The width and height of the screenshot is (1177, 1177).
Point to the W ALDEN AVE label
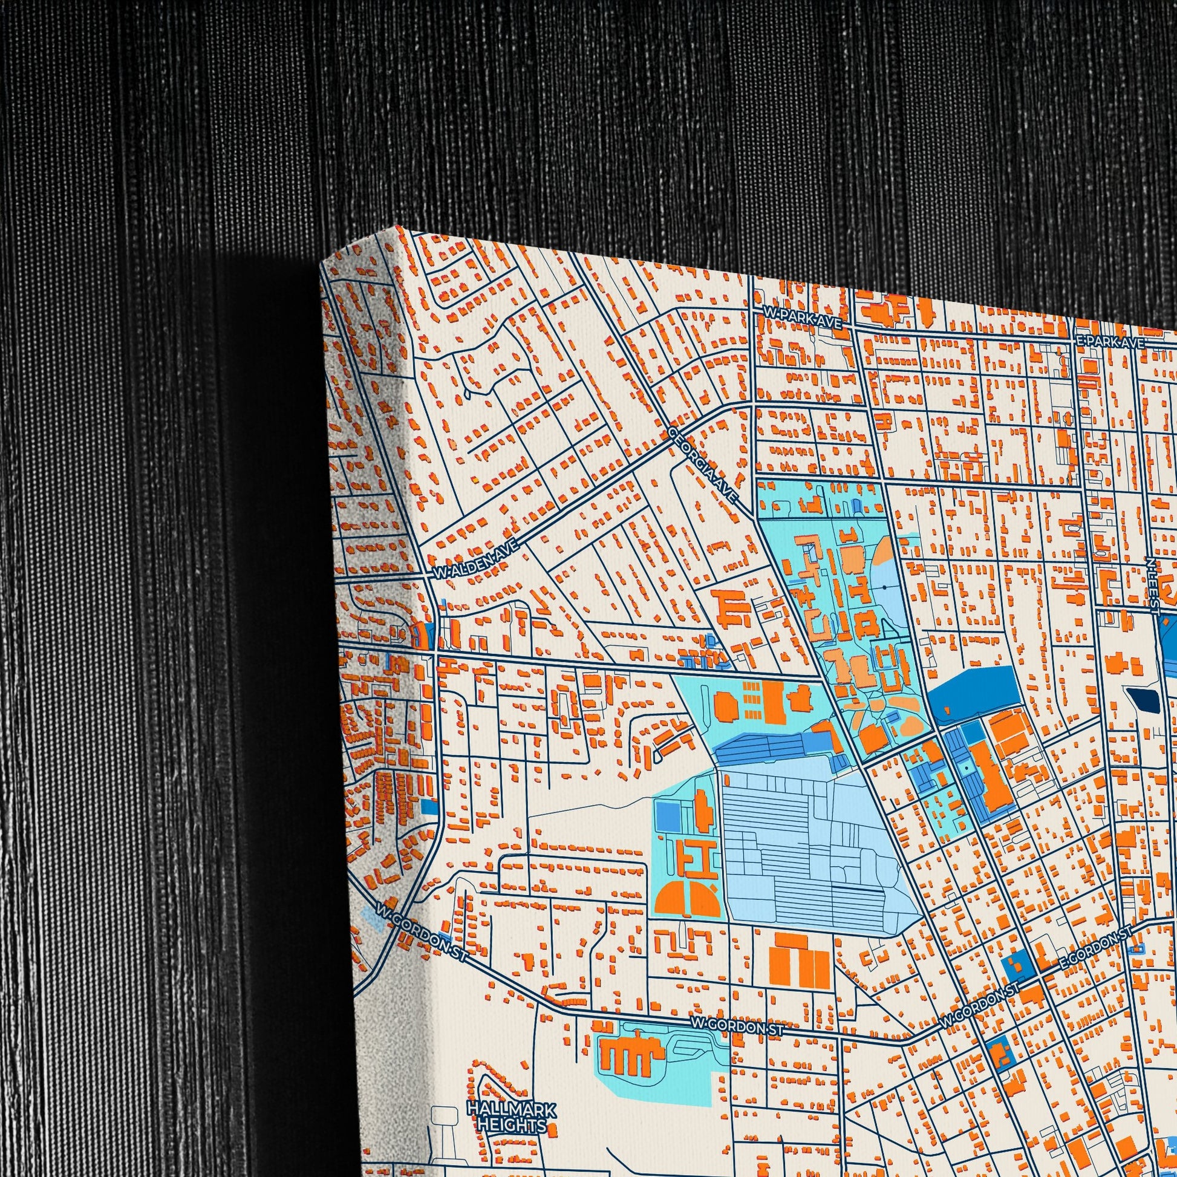click(477, 560)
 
